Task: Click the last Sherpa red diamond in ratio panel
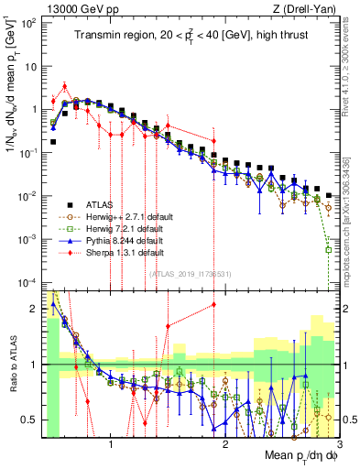213,304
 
